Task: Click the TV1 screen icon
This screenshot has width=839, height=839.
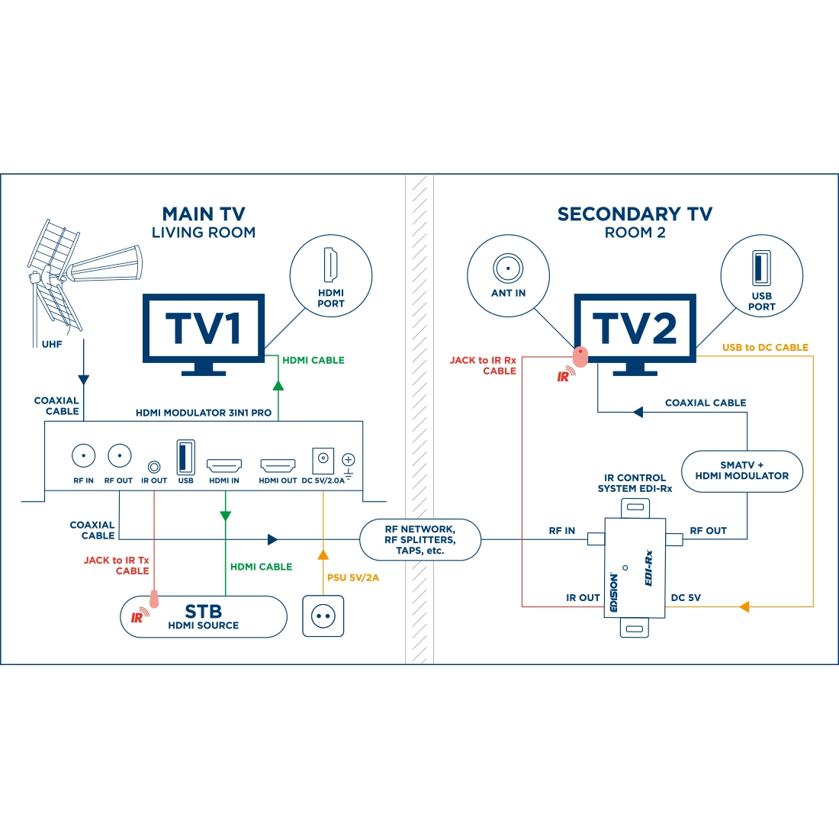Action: pos(204,328)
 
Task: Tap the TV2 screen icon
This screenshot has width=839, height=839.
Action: pos(635,328)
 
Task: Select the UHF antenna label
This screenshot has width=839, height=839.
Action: pos(52,345)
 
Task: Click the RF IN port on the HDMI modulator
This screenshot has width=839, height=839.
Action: pos(83,456)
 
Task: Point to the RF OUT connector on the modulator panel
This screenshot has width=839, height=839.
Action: pos(119,456)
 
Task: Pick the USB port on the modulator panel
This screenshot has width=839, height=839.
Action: pos(185,457)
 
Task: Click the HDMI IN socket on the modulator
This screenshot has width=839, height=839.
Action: pos(224,465)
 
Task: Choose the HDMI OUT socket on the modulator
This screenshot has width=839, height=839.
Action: pos(278,465)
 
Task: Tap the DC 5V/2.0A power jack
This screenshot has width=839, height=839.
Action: pos(323,459)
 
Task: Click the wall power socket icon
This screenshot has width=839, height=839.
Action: pos(323,616)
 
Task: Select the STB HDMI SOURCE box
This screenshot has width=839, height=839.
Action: pos(203,616)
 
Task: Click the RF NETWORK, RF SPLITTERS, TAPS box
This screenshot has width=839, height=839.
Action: pos(420,540)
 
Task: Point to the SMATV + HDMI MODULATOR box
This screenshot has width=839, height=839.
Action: pos(741,471)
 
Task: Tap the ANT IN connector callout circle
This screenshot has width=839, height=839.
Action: pos(508,275)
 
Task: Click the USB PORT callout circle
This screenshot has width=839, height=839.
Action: pos(761,275)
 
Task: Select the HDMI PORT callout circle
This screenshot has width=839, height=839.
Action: pos(330,275)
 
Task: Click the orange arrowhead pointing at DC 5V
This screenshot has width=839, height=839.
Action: pos(744,607)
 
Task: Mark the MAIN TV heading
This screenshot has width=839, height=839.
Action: pos(204,214)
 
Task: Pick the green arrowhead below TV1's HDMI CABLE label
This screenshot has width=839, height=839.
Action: pos(278,386)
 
